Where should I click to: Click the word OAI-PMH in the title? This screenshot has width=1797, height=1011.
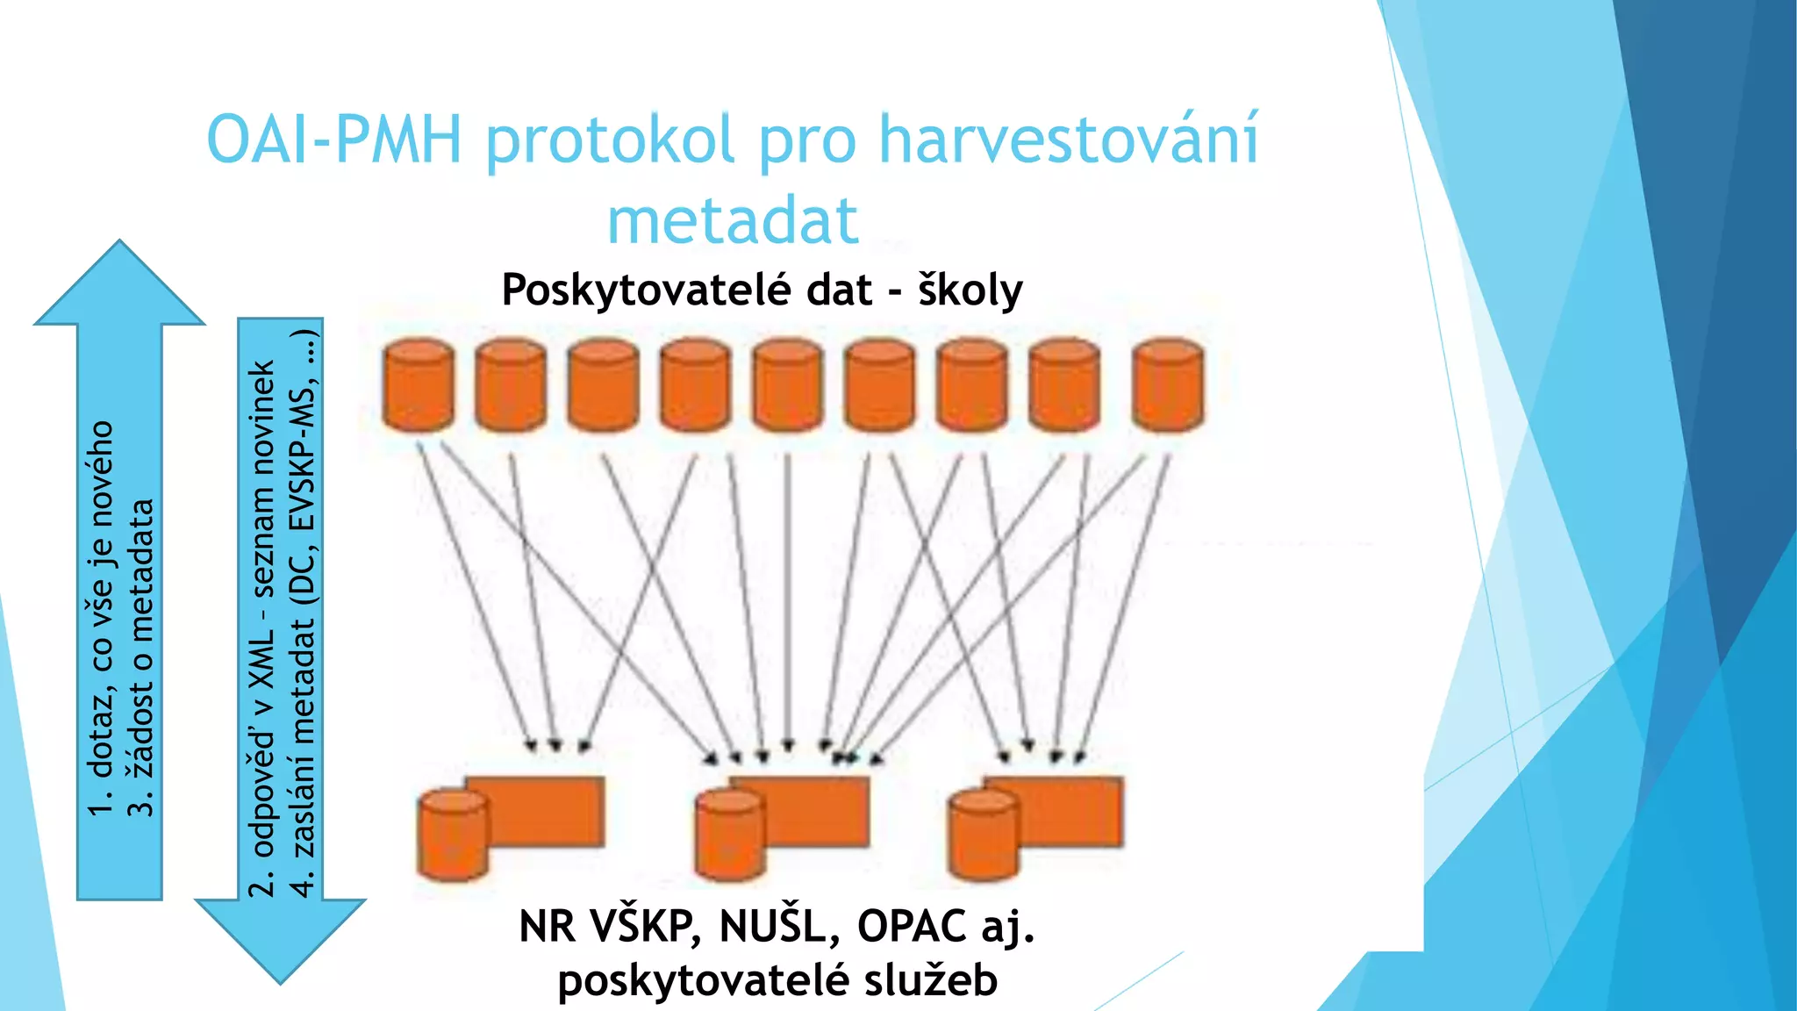coord(333,140)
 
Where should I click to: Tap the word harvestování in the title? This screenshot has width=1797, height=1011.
coord(1069,140)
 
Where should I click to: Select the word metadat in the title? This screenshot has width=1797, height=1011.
coord(733,221)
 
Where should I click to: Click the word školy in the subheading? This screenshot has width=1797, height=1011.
coord(970,290)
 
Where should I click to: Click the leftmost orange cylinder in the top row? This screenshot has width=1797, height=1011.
coord(419,386)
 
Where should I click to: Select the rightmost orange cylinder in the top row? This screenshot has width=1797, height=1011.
coord(1168,386)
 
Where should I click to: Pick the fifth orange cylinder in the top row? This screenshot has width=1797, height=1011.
coord(788,386)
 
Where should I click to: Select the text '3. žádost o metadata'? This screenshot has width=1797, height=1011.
coord(140,658)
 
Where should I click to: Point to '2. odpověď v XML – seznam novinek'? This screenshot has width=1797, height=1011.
coord(262,627)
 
